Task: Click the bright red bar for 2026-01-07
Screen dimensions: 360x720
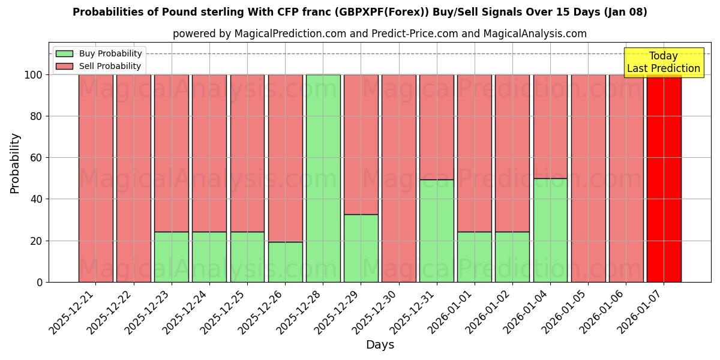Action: [664, 178]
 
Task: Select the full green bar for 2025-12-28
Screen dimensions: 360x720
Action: [323, 178]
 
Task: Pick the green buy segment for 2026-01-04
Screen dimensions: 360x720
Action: [550, 230]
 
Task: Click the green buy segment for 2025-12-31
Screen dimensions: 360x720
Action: [437, 230]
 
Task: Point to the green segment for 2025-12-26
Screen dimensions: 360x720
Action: [285, 262]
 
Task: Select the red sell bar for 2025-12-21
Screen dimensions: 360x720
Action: [95, 178]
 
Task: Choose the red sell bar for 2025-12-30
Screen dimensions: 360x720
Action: [398, 178]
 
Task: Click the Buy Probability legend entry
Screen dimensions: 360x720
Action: [99, 53]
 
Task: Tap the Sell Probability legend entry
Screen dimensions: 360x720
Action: [99, 66]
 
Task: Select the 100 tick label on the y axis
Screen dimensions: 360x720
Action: [34, 75]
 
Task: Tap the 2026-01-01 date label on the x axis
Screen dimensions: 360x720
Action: [451, 311]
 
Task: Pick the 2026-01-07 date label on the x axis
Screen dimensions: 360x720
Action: [640, 311]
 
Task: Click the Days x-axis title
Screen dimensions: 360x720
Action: [380, 345]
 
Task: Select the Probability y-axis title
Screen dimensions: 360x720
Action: [15, 163]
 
